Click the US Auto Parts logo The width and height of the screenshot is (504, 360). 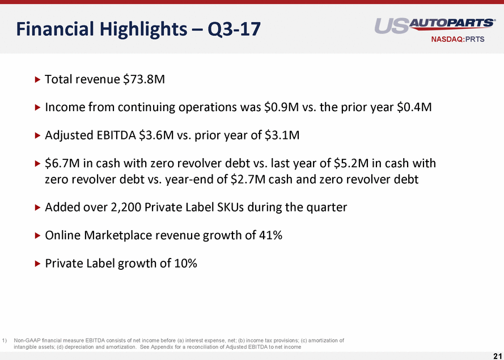pos(435,26)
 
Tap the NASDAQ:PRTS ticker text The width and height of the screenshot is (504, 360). pos(458,40)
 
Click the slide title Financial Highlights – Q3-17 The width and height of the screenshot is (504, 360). pos(138,29)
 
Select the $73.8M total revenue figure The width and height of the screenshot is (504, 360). pos(144,79)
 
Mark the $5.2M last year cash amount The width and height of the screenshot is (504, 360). pos(351,163)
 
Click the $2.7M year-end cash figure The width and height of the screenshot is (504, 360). pos(248,179)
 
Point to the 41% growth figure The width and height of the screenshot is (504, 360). pos(270,235)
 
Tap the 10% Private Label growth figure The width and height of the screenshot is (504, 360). pos(185,263)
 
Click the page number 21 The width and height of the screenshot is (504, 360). pos(497,355)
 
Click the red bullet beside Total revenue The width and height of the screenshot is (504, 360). pos(37,79)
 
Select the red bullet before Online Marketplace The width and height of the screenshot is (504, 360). pos(37,236)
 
